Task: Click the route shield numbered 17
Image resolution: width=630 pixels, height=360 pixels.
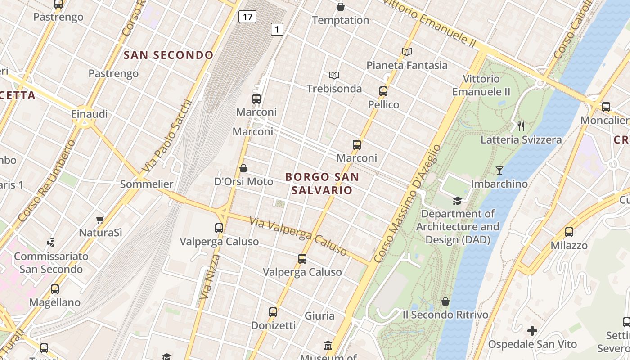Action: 247,17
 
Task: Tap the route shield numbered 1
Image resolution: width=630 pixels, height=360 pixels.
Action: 277,30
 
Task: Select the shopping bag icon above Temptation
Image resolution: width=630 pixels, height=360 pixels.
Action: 341,7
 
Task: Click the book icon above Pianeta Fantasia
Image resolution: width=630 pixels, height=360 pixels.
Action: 407,52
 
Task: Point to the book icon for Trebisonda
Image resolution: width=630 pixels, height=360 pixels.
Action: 334,75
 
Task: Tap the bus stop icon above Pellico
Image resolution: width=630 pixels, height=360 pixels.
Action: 383,91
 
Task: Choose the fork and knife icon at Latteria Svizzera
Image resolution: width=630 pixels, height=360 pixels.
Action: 521,126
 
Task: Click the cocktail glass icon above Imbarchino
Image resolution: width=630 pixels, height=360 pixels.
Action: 499,170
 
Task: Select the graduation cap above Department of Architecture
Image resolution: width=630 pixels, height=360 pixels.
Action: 457,201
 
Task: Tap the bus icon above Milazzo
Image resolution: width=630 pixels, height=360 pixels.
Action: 569,232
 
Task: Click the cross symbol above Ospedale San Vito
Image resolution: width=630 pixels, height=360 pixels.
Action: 532,331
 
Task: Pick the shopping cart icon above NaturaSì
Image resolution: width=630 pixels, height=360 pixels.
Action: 100,220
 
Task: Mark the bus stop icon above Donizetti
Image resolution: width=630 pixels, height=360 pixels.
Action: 273,312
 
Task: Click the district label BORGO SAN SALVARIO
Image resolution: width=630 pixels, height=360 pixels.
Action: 322,183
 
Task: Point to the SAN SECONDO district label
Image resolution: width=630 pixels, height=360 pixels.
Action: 168,55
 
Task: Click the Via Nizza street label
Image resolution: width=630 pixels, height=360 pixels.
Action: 209,277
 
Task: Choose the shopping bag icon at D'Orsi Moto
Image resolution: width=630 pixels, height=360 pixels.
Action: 243,168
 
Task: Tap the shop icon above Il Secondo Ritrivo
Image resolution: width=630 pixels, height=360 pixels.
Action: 445,301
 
